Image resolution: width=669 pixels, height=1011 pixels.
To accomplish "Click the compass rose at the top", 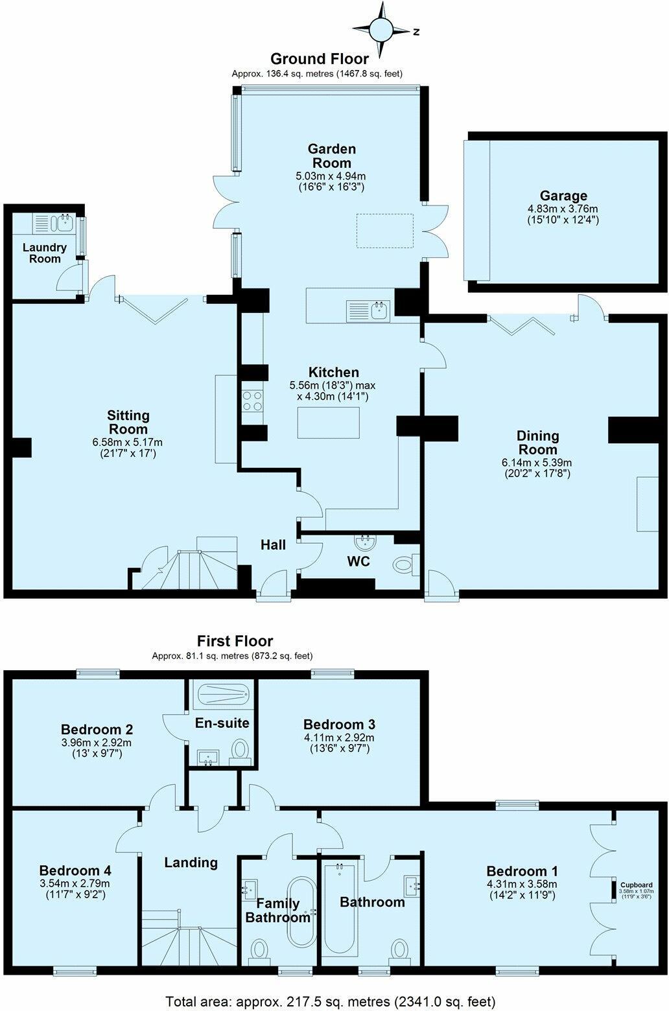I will pos(381,29).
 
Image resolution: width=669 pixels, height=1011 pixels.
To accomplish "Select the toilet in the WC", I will pos(404,564).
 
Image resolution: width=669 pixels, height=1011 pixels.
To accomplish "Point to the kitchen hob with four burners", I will pos(252,401).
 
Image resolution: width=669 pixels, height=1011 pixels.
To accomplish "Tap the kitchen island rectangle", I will pos(328,423).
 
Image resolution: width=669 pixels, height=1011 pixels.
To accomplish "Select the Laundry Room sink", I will pos(64,224).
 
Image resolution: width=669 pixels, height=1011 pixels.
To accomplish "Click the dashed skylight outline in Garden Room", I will pos(385,230).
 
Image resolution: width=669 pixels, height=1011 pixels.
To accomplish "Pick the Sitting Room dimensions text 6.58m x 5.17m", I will pos(128,443).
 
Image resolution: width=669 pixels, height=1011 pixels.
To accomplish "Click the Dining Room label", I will pos(537,443).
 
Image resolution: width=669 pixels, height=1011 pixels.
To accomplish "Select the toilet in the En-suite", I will pos(241,750).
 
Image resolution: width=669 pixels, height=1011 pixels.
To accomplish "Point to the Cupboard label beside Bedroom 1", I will pos(636,885).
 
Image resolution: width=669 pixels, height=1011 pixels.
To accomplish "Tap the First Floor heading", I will pos(235,641).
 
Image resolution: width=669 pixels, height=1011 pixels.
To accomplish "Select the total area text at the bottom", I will pos(331,1000).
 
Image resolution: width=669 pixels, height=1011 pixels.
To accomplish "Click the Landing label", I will pos(191,863).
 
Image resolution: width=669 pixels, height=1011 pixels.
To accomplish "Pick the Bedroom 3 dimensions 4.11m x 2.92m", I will pos(338,738).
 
